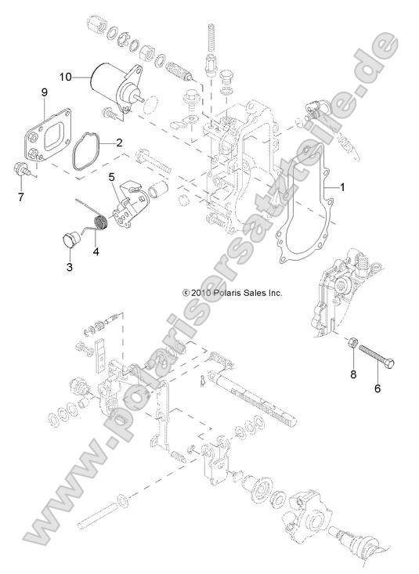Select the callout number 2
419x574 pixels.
(119, 143)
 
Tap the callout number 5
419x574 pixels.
(112, 177)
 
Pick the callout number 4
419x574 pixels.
(96, 251)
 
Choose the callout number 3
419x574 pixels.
(69, 268)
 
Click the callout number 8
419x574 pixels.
(352, 375)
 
